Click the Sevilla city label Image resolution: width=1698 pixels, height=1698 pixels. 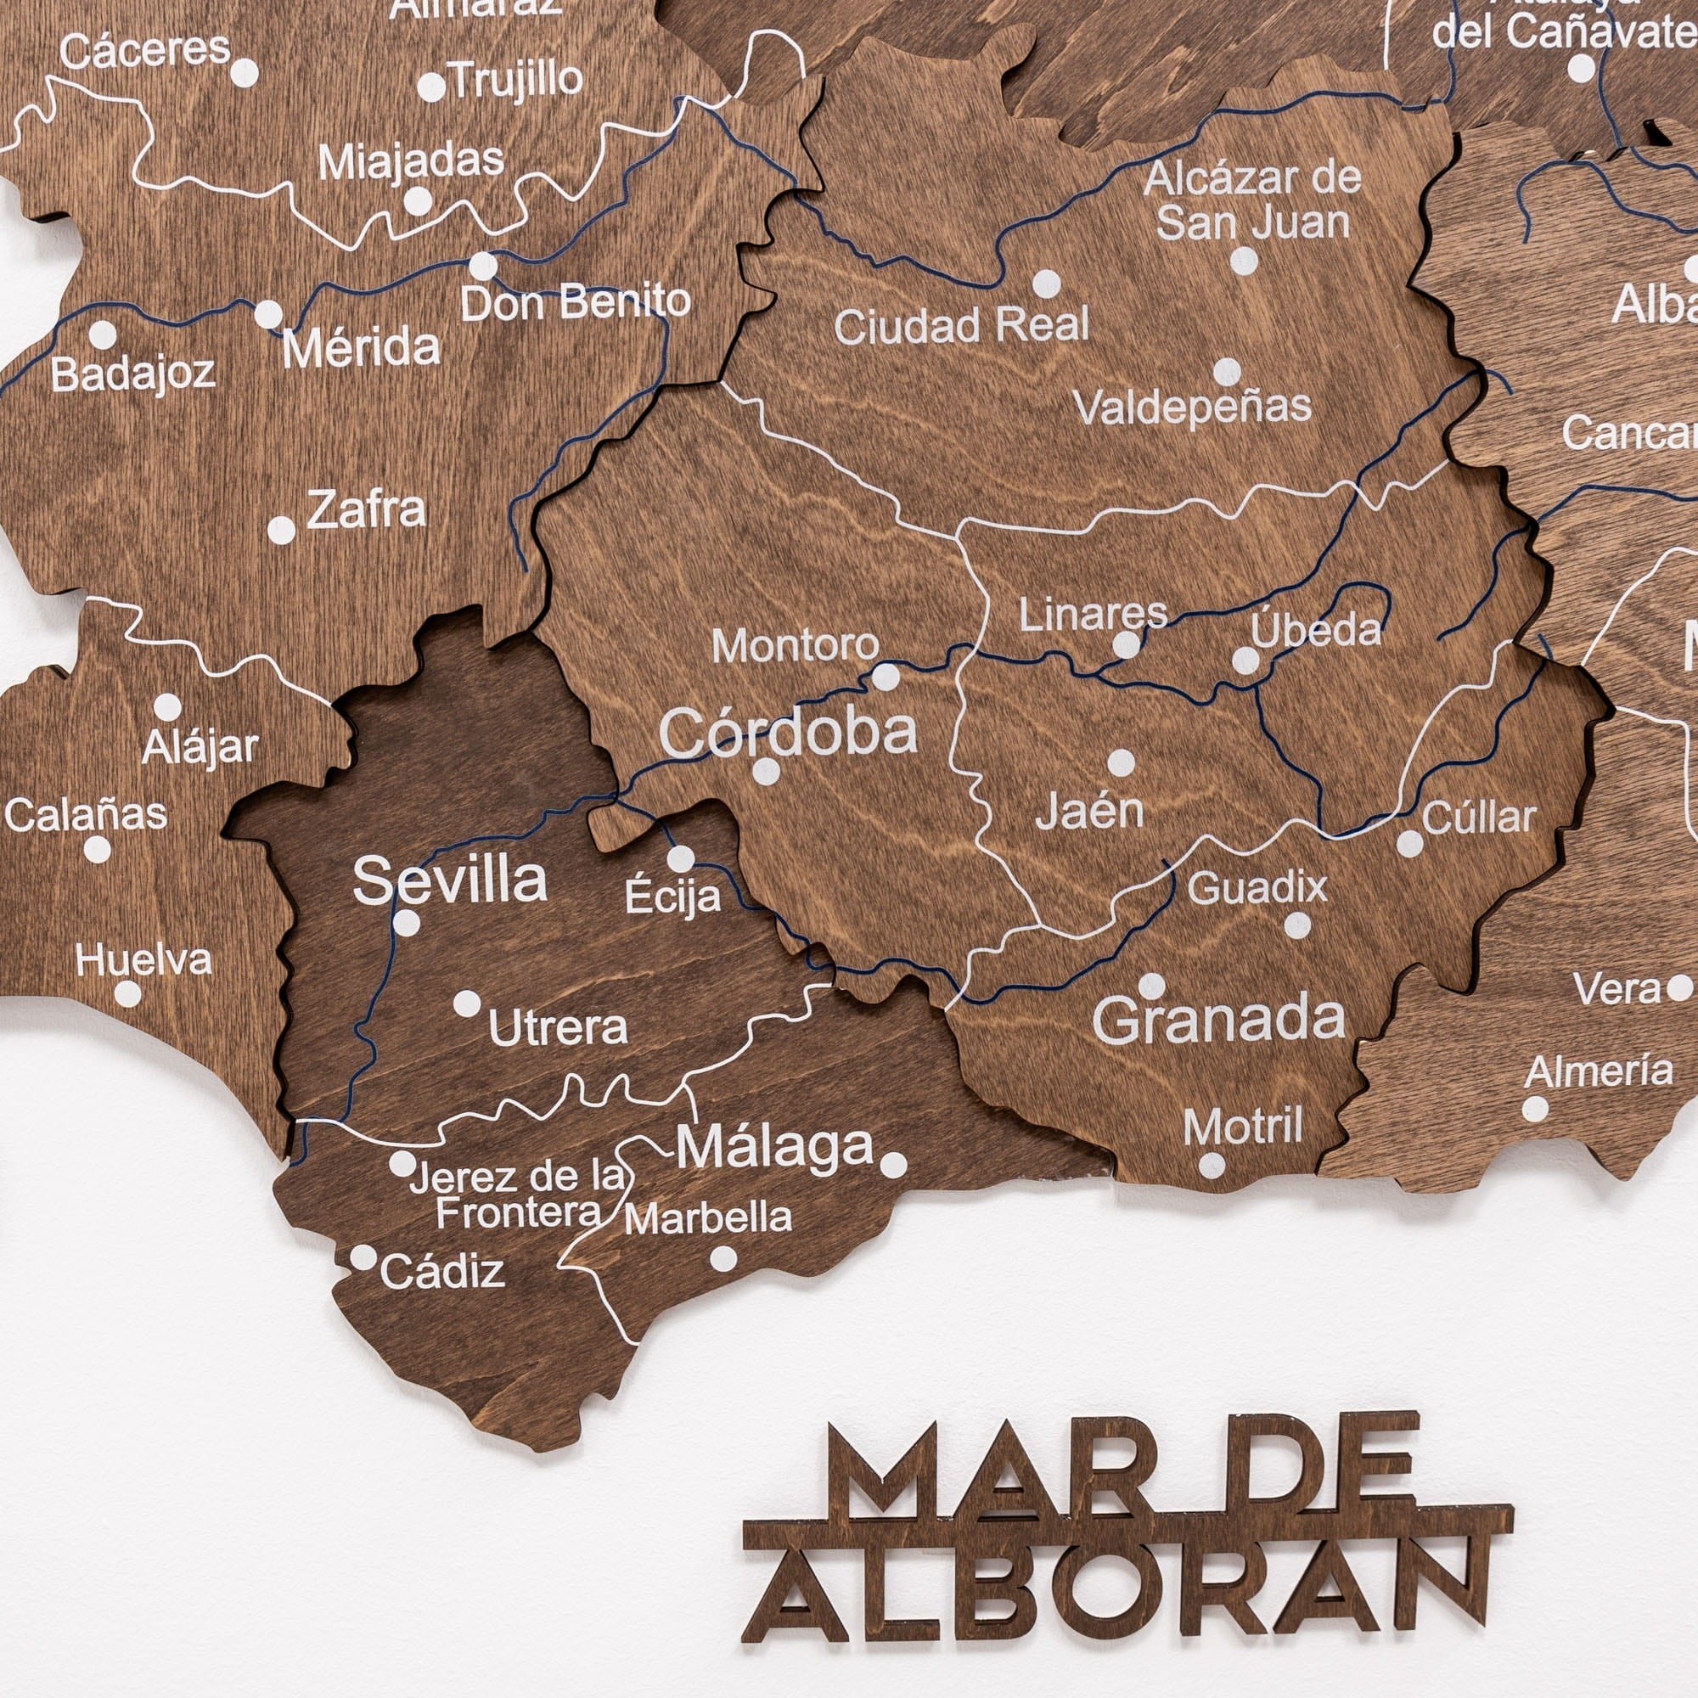click(x=450, y=880)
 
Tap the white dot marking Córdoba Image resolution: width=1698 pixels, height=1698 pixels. click(x=767, y=772)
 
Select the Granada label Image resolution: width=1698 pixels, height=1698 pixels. click(x=1218, y=1020)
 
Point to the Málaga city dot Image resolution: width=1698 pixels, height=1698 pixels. click(x=893, y=1166)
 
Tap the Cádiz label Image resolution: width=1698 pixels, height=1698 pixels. click(x=442, y=1272)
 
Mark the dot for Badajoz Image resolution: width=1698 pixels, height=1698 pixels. click(x=103, y=334)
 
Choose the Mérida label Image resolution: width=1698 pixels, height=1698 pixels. click(x=360, y=349)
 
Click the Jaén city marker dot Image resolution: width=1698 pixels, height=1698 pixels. click(x=1121, y=763)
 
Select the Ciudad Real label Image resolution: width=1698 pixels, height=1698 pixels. click(x=962, y=326)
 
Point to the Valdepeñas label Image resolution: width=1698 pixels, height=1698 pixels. click(x=1193, y=407)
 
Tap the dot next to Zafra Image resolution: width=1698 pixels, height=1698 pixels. click(x=281, y=530)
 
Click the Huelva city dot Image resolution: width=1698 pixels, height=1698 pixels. click(x=127, y=994)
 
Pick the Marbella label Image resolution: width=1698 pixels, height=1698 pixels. click(x=708, y=1218)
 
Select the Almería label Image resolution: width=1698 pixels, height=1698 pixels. click(x=1599, y=1071)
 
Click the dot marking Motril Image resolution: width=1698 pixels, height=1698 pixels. click(x=1212, y=1166)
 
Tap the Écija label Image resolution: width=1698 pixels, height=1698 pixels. click(x=672, y=897)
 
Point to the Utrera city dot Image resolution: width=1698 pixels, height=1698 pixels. click(x=467, y=1003)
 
